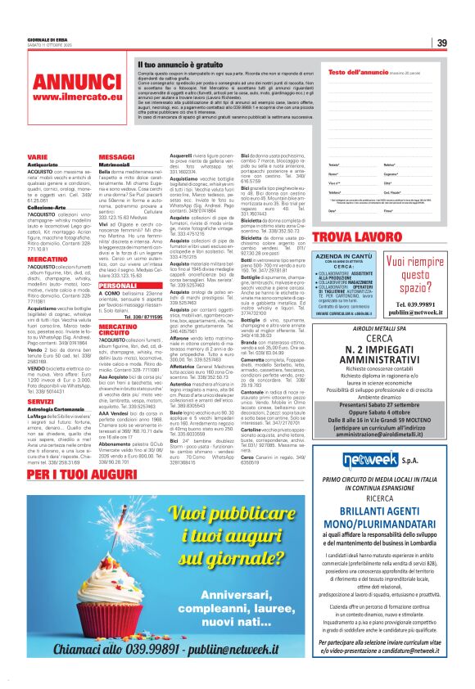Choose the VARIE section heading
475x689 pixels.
pos(37,155)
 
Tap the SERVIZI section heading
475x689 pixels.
pos(40,401)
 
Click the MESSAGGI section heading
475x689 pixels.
pos(116,155)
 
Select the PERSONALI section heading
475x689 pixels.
pos(118,262)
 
